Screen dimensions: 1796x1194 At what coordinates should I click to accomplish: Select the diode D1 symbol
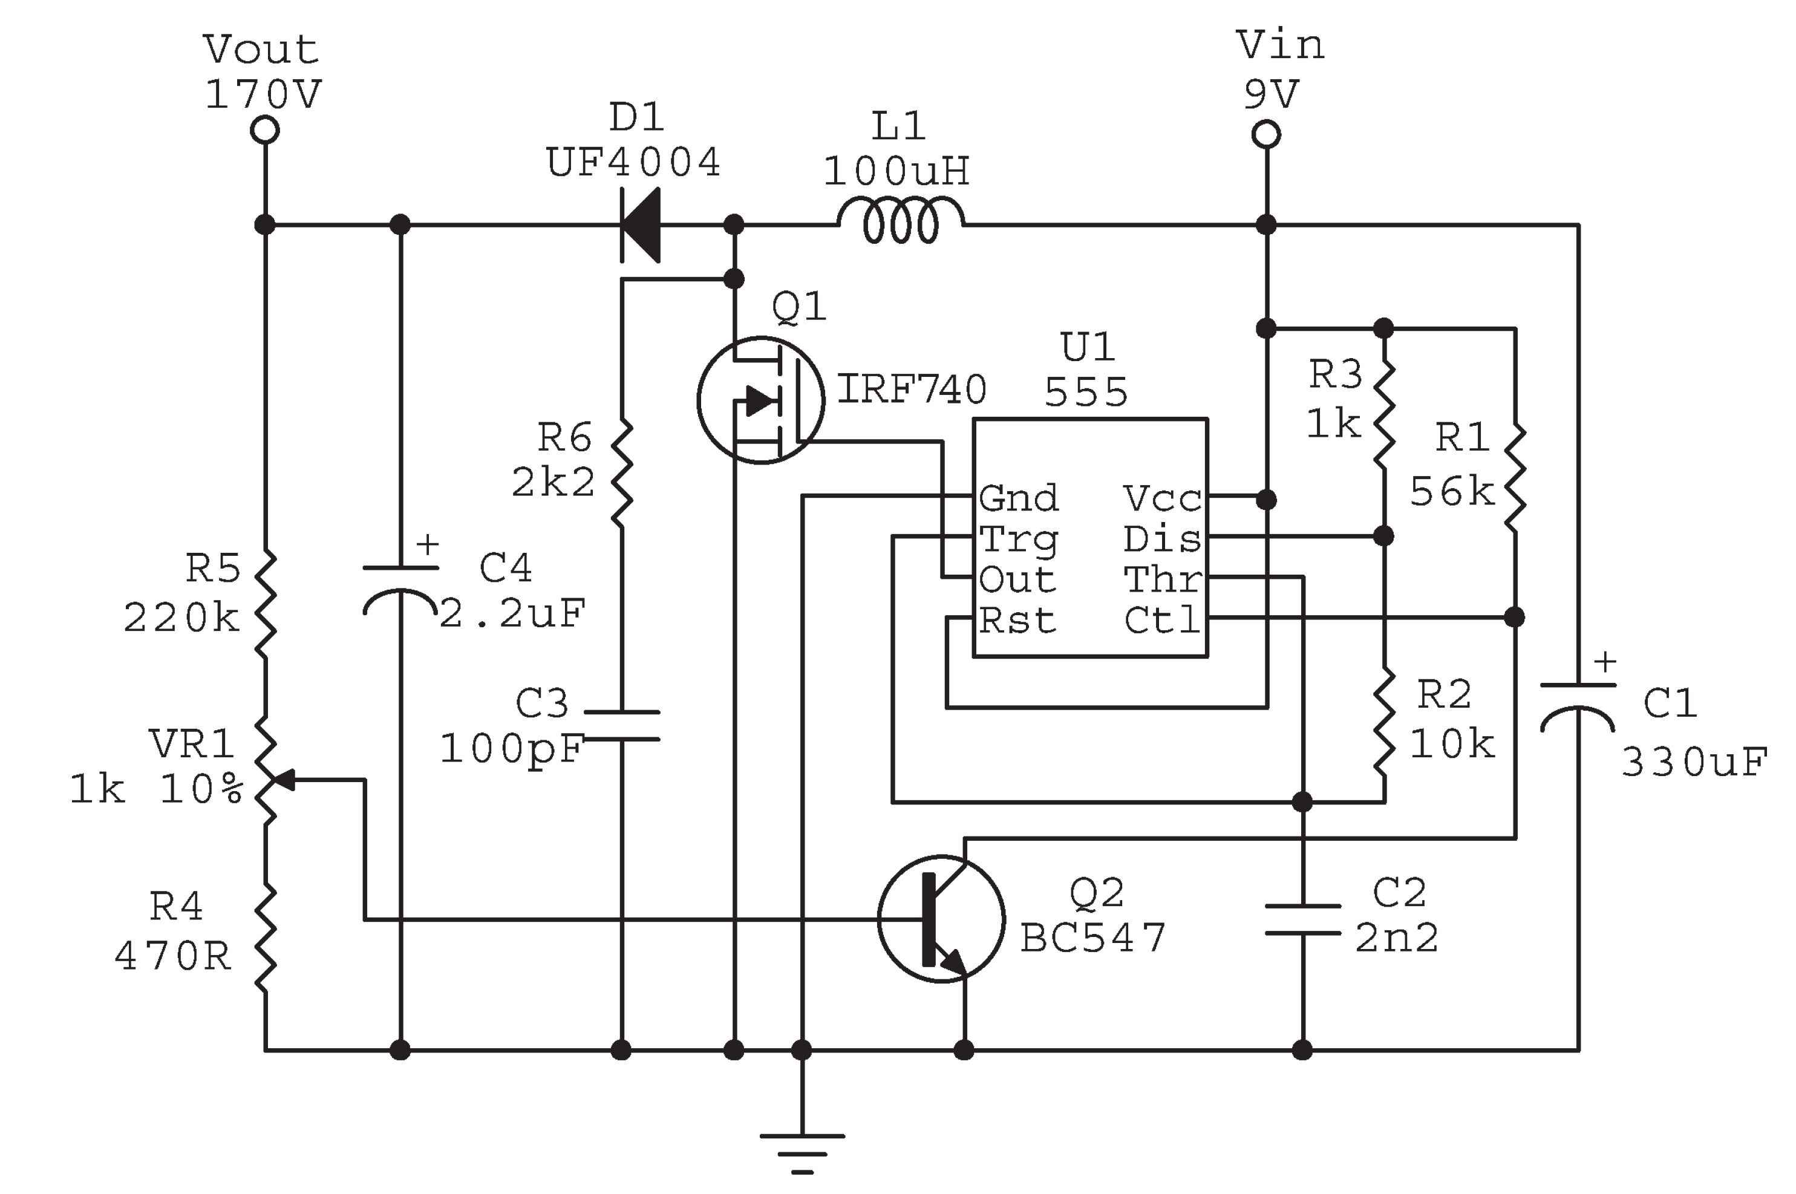coord(639,224)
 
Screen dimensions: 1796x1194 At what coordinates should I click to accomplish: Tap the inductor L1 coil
coord(901,221)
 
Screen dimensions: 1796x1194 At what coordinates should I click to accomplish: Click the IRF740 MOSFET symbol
coord(760,400)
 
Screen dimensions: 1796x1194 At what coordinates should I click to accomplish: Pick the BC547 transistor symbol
coord(941,918)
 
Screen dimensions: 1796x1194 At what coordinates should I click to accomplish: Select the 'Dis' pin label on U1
coord(1162,538)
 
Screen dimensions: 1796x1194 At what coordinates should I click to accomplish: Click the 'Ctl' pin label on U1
coord(1162,621)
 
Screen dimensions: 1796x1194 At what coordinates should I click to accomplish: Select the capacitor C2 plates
coord(1302,919)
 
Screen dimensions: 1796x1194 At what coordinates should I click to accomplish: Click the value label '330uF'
coord(1694,762)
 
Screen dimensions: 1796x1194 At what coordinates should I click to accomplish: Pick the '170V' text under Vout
coord(263,94)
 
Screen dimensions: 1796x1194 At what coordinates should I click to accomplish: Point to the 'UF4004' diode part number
coord(633,162)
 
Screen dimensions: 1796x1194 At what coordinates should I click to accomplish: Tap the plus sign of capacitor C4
coord(428,544)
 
